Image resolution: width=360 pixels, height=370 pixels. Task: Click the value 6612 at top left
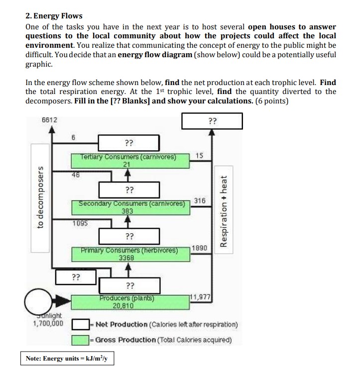[x=49, y=120]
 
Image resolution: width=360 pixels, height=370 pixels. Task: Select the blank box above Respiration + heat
[x=212, y=121]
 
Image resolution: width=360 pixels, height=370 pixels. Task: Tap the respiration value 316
[x=200, y=200]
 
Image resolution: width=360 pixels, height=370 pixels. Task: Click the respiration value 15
[x=199, y=156]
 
